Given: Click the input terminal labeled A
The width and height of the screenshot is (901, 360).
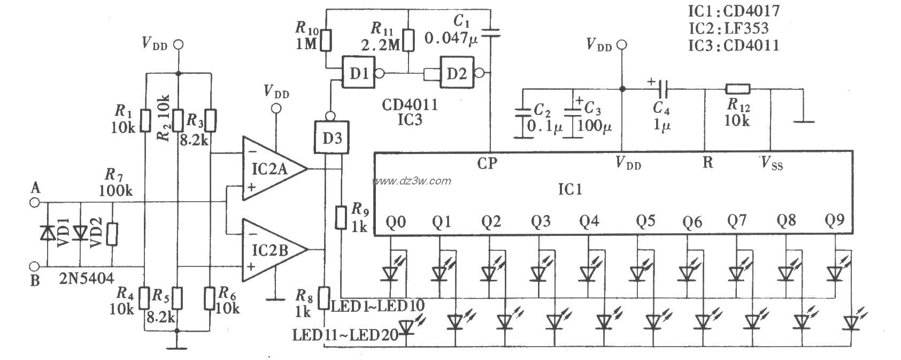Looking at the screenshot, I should (x=35, y=202).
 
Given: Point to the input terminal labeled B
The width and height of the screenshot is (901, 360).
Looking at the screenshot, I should (x=35, y=266).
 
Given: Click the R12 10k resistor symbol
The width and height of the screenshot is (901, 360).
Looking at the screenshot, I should (x=738, y=89).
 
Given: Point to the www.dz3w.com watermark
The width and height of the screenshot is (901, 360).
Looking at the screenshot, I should (x=412, y=181).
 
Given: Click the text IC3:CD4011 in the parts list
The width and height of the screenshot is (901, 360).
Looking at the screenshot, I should (x=734, y=45).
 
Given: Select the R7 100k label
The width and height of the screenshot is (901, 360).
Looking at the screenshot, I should (x=115, y=182).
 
